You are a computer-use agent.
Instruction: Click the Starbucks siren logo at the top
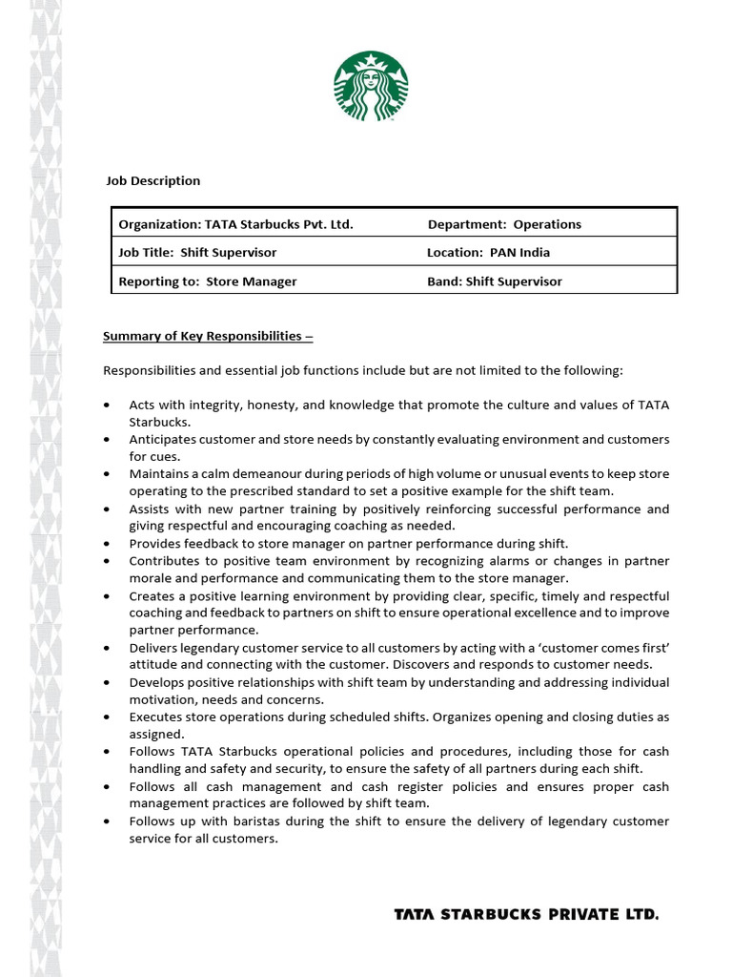point(371,87)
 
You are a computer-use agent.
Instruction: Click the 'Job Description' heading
point(152,180)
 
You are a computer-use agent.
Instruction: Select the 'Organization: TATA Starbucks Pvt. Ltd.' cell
point(235,224)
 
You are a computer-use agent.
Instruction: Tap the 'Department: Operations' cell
point(504,224)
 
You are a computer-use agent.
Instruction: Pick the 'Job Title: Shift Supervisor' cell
point(197,253)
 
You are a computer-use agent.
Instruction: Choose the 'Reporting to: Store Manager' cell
point(207,281)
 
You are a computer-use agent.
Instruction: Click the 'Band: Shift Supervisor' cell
point(495,281)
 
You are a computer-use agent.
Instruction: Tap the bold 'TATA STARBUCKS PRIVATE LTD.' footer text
point(526,914)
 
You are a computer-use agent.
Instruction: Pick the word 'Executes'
point(155,717)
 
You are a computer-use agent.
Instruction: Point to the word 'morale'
point(150,577)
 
